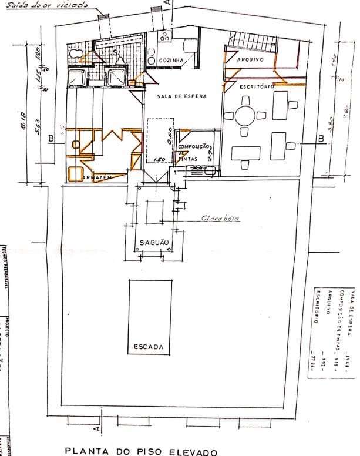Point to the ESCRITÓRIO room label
[x=257, y=86]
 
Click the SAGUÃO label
[x=154, y=242]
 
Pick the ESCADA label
[x=149, y=347]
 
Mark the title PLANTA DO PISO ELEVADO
[x=141, y=451]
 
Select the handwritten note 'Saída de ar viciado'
[x=47, y=5]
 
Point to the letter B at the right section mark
[x=321, y=139]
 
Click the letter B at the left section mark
[x=52, y=139]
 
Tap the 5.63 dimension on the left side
[x=37, y=125]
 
